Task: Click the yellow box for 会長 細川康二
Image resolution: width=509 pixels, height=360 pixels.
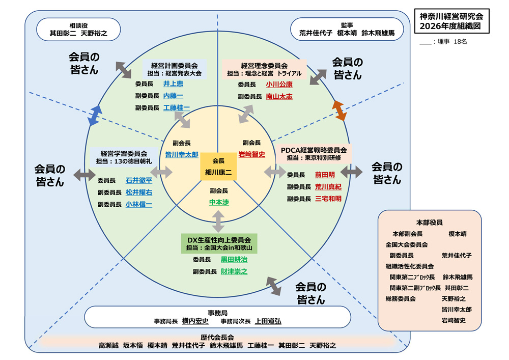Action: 218,167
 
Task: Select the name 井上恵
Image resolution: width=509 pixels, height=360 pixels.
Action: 173,84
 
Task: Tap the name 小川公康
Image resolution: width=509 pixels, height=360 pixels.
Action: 279,85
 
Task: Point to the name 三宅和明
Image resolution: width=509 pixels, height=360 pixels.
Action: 328,199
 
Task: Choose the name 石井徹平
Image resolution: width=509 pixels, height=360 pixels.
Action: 138,180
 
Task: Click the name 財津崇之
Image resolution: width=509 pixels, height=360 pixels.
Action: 234,271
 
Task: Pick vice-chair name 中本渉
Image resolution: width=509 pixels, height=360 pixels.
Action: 219,202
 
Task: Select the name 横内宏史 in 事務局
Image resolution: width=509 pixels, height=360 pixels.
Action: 195,321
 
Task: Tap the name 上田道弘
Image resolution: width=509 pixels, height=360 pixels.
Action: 268,321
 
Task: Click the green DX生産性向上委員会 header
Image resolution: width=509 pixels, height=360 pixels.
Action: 219,243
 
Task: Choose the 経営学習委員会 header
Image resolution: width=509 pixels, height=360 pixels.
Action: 124,156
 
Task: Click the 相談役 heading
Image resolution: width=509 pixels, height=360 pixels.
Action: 78,24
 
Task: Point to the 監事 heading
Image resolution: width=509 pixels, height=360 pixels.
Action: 347,24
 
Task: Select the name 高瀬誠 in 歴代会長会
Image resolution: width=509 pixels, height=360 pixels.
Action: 108,345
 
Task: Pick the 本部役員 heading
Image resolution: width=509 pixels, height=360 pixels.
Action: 429,223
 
